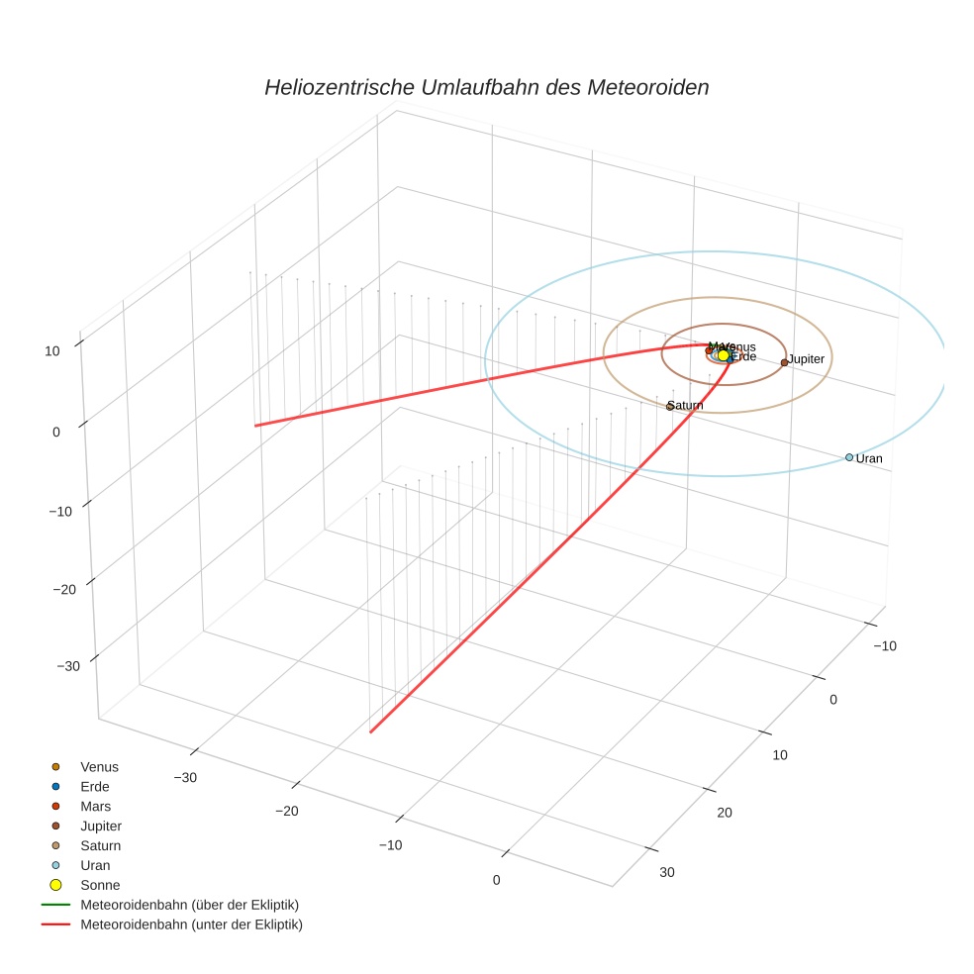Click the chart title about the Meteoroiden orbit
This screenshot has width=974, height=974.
[x=486, y=87]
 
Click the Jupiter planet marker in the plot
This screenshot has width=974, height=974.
[x=784, y=362]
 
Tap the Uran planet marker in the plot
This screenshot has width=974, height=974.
[x=849, y=457]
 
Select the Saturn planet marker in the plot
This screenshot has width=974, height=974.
[x=670, y=406]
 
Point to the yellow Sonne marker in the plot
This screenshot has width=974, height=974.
[x=724, y=354]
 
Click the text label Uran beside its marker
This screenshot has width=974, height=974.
[x=869, y=459]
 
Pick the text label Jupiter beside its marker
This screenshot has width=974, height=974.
[x=806, y=358]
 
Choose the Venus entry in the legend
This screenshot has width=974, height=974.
[x=99, y=766]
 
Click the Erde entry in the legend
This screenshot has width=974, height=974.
[x=95, y=786]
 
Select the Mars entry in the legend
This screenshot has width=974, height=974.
[x=96, y=806]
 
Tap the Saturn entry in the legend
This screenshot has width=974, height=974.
[x=101, y=845]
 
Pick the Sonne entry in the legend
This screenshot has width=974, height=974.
[x=100, y=885]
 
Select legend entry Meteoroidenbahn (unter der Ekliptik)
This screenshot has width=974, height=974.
[x=191, y=925]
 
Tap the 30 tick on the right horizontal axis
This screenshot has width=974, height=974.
[x=666, y=872]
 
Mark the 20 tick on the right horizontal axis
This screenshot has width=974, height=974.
[x=724, y=813]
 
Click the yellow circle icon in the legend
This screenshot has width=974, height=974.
[x=55, y=885]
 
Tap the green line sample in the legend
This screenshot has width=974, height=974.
[x=55, y=905]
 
